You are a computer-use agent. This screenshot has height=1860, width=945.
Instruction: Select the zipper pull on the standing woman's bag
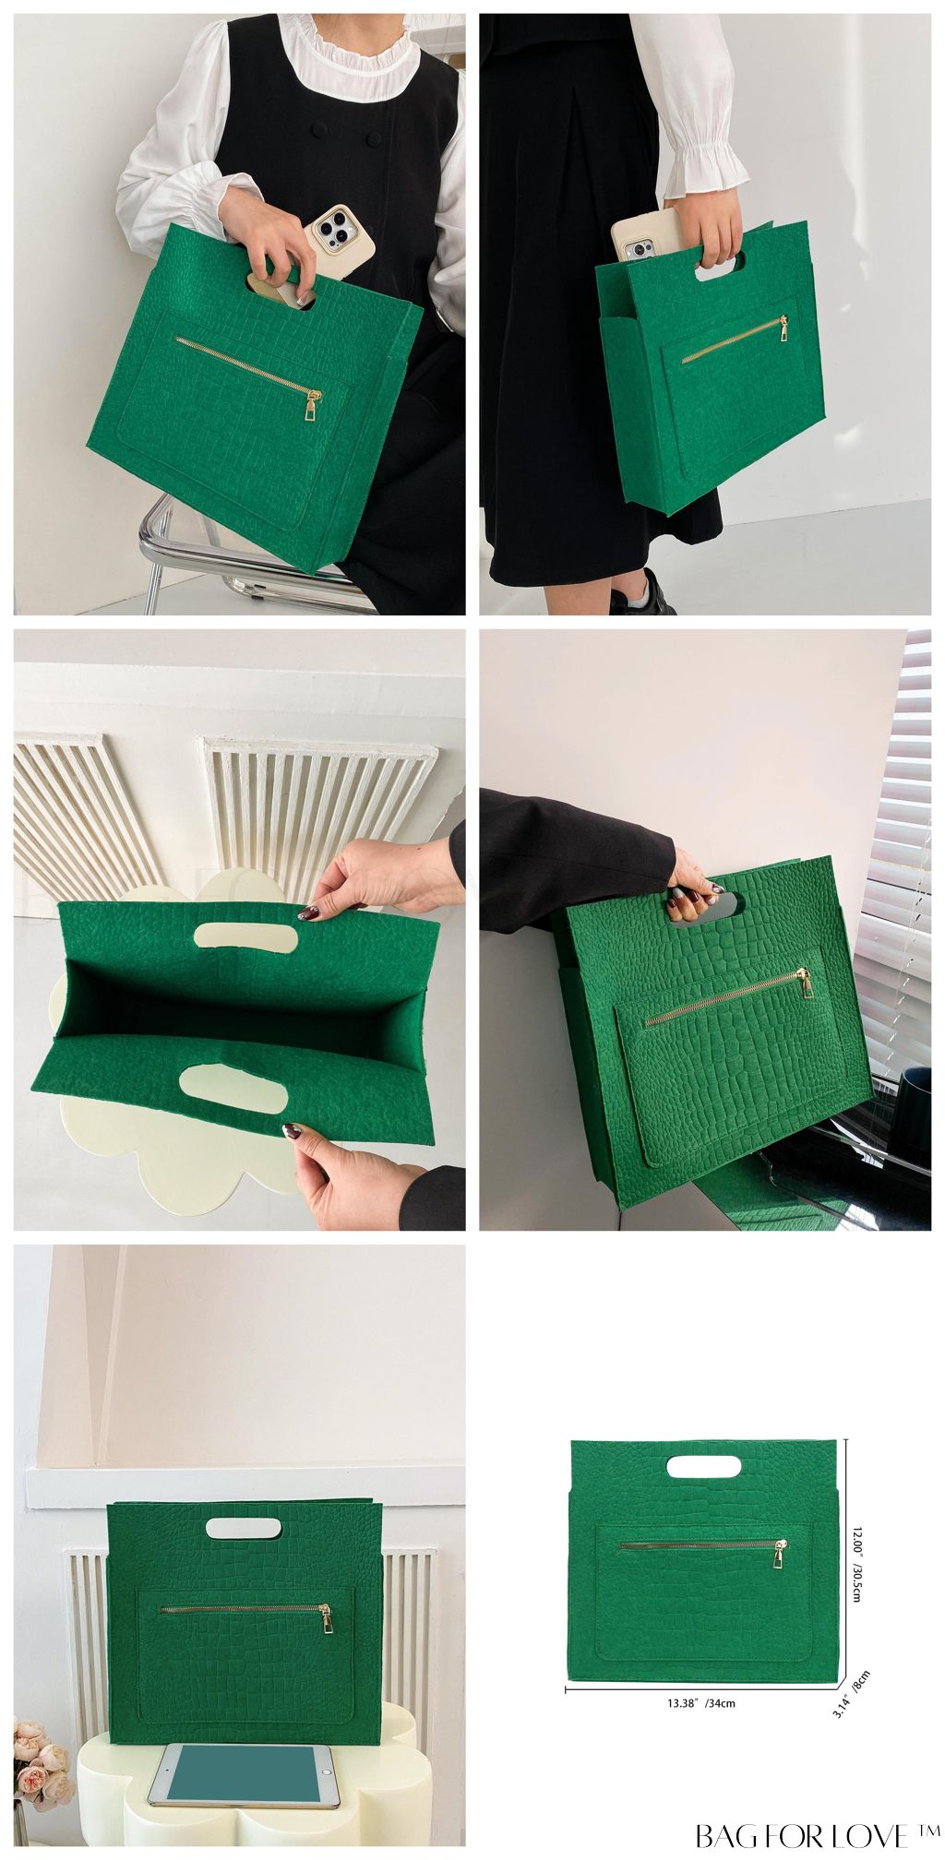(784, 328)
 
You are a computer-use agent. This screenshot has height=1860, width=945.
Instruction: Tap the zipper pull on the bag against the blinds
(806, 984)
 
